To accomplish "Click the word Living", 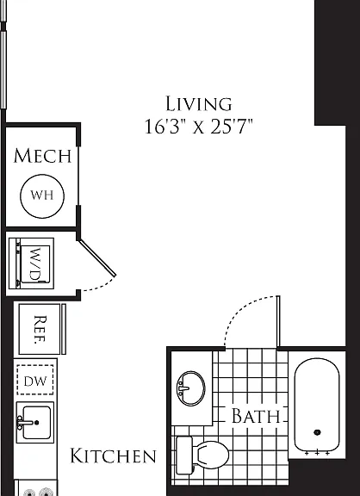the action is coord(199,104).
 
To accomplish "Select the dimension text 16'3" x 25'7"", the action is coord(199,127).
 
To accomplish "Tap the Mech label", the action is coord(42,156).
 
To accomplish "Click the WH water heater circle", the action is coord(42,196).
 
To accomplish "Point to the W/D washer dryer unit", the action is coord(31,263).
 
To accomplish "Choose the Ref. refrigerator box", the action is coord(40,329).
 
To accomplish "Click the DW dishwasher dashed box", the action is coord(35,380).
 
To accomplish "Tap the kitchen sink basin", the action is coord(35,422).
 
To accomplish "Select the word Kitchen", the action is coord(113,456).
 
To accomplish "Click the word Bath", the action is coord(256,416).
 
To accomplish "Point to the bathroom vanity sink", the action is coord(191,388).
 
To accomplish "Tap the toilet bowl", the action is coord(211,455).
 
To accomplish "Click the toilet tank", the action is coord(184,456).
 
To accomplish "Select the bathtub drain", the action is coord(317,432).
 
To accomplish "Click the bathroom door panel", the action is coord(278,321).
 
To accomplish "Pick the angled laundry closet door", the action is coord(97,257).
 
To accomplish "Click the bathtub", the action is coord(317,405).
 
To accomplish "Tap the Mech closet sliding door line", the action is coord(78,177).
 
